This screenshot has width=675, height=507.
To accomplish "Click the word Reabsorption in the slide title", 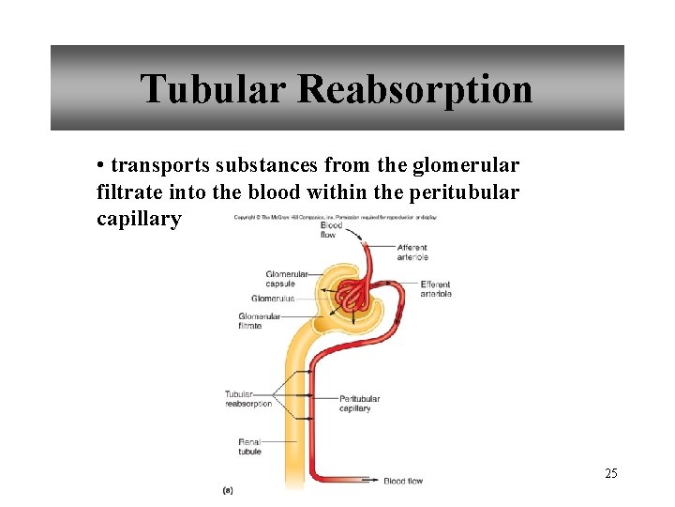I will (x=415, y=90).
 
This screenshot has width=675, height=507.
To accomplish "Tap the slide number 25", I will (x=610, y=473).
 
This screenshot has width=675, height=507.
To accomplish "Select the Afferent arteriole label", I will (x=412, y=253).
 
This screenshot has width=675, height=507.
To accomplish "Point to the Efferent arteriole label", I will (x=436, y=289).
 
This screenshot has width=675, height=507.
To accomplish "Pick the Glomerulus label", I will (x=273, y=299).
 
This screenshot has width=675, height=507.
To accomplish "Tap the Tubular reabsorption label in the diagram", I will (x=247, y=399).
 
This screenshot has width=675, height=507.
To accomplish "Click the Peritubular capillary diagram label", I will (x=359, y=404).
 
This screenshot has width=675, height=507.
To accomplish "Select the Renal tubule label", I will (x=249, y=446).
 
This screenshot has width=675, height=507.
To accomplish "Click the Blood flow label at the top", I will (x=331, y=230).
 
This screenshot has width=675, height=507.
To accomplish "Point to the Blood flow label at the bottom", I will (x=403, y=481).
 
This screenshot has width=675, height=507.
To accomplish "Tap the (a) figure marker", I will (x=228, y=489).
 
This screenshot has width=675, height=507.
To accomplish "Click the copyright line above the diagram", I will (x=335, y=218).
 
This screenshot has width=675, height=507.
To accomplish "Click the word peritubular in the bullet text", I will (x=467, y=192).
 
